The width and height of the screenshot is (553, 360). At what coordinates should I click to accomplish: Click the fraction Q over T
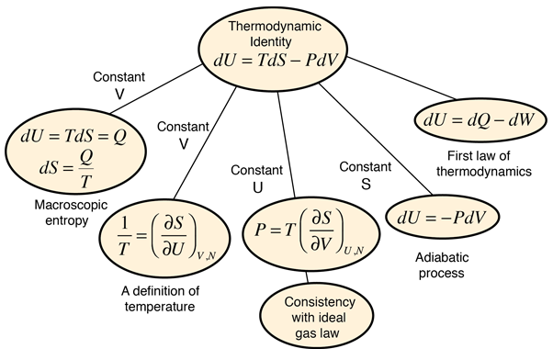coord(85,168)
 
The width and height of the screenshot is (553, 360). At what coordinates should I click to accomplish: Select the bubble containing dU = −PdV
coord(442,218)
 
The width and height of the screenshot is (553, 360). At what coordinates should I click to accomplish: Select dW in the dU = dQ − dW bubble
coord(519,120)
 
